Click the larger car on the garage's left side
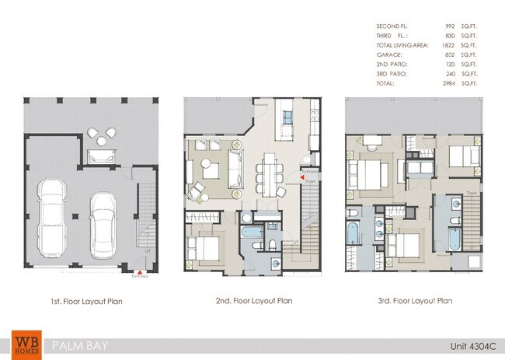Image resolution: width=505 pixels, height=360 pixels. click(53, 218)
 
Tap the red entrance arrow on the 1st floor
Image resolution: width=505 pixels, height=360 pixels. click(131, 270)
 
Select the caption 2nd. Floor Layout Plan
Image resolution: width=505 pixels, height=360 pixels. click(253, 301)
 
